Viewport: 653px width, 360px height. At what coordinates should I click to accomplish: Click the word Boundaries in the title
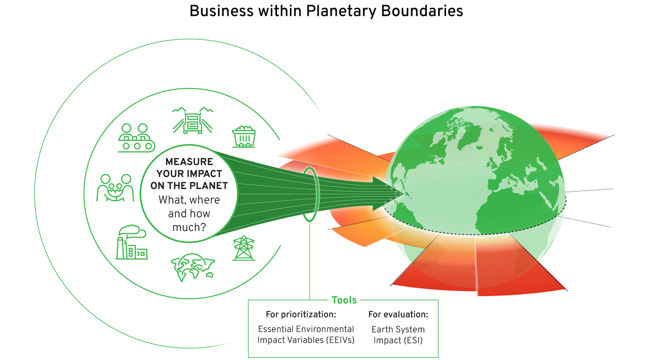pyautogui.click(x=422, y=11)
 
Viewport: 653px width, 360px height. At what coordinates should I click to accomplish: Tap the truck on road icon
pyautogui.click(x=193, y=121)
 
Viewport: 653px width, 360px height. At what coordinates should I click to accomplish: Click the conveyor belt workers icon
pyautogui.click(x=136, y=138)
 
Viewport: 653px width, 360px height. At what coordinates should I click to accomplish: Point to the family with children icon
pyautogui.click(x=115, y=188)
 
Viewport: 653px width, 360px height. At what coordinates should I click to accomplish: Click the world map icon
pyautogui.click(x=192, y=266)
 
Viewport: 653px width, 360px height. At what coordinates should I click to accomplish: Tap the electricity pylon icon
pyautogui.click(x=244, y=248)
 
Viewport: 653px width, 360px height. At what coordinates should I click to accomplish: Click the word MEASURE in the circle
pyautogui.click(x=189, y=162)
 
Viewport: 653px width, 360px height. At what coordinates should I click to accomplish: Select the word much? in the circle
pyautogui.click(x=189, y=228)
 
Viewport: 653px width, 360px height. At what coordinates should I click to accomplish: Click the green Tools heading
pyautogui.click(x=344, y=300)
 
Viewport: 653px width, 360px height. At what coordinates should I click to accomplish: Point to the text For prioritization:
pyautogui.click(x=300, y=314)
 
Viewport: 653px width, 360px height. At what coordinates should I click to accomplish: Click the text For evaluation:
pyautogui.click(x=398, y=314)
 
